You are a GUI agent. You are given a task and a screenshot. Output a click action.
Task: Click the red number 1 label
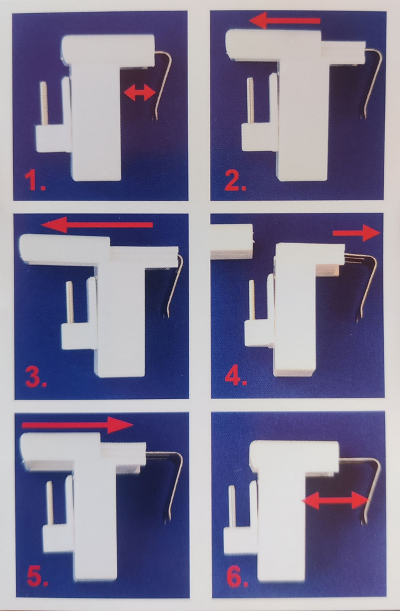pyautogui.click(x=34, y=180)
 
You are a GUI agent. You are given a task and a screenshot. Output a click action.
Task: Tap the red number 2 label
pyautogui.click(x=235, y=180)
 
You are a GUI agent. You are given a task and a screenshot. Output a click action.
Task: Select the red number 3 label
pyautogui.click(x=36, y=377)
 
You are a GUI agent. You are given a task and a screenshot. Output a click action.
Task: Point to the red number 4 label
pyautogui.click(x=236, y=376)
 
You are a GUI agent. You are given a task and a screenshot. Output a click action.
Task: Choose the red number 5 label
pyautogui.click(x=37, y=577)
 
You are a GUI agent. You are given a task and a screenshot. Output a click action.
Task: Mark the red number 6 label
pyautogui.click(x=237, y=577)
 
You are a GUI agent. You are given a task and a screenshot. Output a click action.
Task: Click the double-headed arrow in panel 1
pyautogui.click(x=140, y=93)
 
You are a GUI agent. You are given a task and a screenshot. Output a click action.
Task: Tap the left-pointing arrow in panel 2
pyautogui.click(x=284, y=20)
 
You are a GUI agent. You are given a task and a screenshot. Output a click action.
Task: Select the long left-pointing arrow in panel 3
pyautogui.click(x=97, y=225)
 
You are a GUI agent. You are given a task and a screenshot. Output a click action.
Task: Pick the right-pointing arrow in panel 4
pyautogui.click(x=356, y=233)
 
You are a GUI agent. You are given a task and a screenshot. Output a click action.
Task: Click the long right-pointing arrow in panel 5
pyautogui.click(x=77, y=425)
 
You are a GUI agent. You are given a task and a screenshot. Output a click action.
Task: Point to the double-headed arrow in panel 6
pyautogui.click(x=336, y=500)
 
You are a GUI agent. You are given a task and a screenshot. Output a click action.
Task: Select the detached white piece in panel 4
pyautogui.click(x=231, y=241)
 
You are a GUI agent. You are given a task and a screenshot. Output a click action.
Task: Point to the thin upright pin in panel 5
pyautogui.click(x=50, y=503)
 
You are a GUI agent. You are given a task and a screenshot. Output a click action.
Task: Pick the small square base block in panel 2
pyautogui.click(x=259, y=137)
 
